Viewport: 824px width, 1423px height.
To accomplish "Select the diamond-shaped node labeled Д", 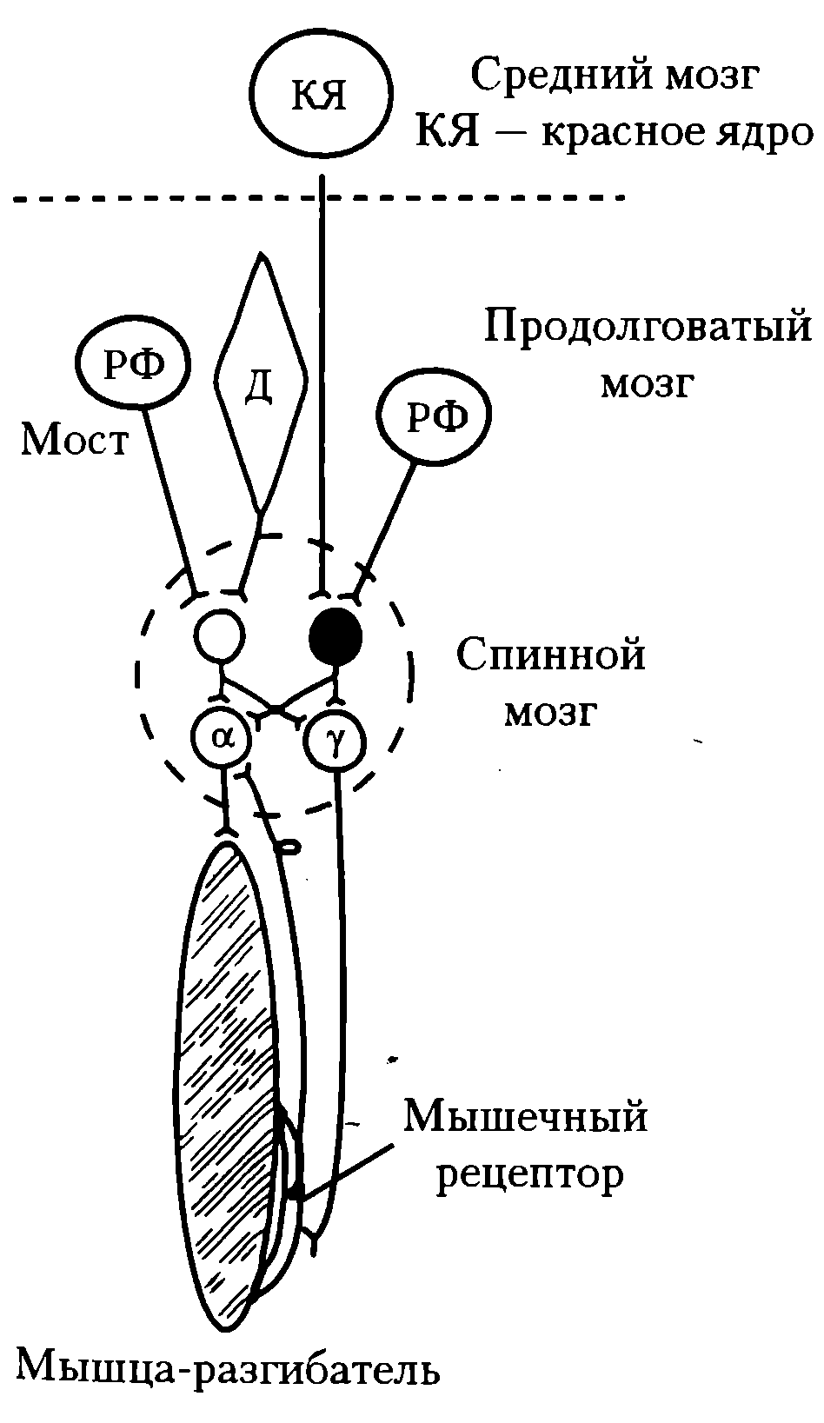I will point(261,382).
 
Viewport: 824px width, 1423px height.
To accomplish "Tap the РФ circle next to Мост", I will point(134,366).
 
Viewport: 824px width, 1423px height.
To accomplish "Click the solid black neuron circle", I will point(336,638).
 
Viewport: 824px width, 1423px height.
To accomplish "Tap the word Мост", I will point(75,441).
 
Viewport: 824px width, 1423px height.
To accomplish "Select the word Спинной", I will point(552,655).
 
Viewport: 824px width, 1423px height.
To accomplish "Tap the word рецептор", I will point(530,1175).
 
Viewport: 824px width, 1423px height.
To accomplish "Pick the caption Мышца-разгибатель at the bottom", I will point(229,1367).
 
